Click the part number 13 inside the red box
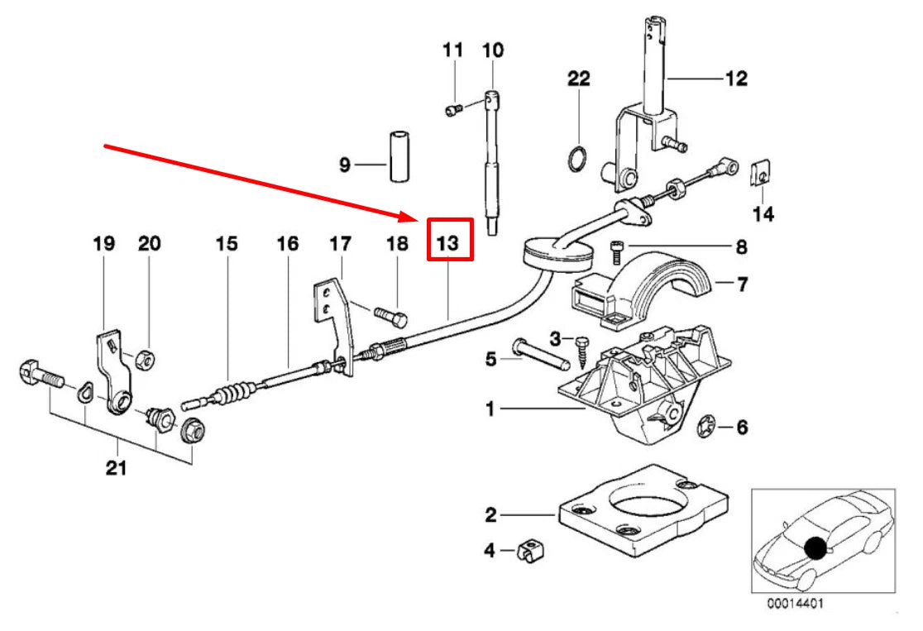[x=448, y=243]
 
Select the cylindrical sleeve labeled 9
[x=400, y=156]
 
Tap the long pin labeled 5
[x=542, y=356]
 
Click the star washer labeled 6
[x=708, y=427]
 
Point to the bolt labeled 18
[x=390, y=317]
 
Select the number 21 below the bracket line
[x=116, y=469]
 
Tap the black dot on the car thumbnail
[x=818, y=548]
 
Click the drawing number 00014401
[x=795, y=604]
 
